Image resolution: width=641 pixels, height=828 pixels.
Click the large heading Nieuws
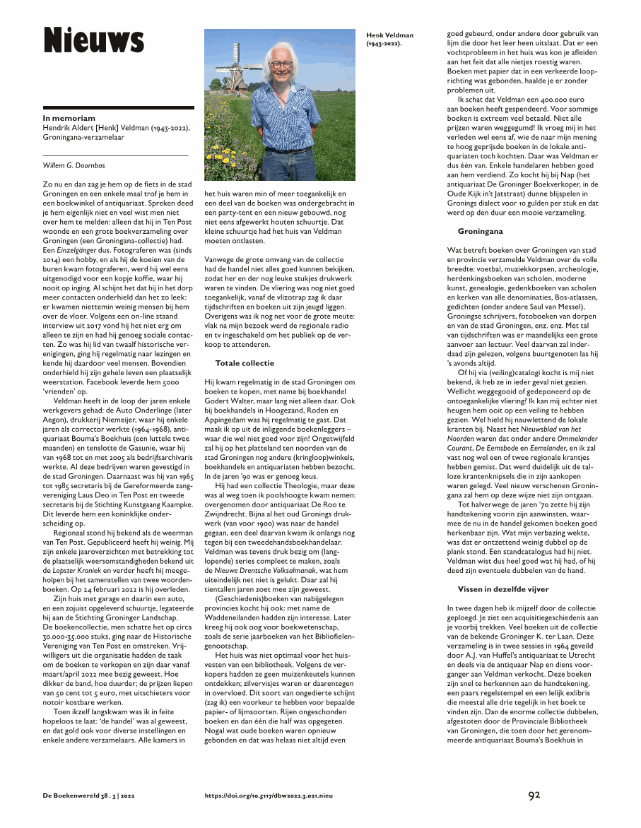[x=93, y=41]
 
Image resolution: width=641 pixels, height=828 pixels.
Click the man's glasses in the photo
[x=281, y=64]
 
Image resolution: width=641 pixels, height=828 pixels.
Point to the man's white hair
[x=282, y=49]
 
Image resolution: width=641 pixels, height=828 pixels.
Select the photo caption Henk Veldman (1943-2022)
[x=389, y=39]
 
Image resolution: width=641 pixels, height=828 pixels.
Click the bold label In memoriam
[x=69, y=118]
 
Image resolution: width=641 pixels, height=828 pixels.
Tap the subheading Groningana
[x=480, y=230]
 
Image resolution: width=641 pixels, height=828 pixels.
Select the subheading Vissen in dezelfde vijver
[x=502, y=589]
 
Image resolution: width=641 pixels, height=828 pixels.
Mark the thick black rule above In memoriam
[x=118, y=107]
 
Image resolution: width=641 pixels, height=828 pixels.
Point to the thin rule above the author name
[x=116, y=154]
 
